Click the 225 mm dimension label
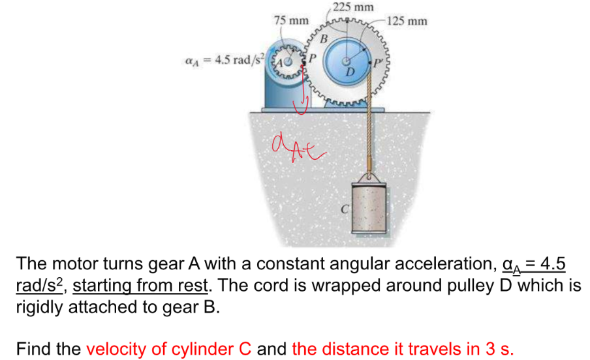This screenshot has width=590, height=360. pyautogui.click(x=352, y=8)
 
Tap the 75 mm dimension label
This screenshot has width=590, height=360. pyautogui.click(x=291, y=20)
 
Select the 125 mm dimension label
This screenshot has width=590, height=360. pyautogui.click(x=407, y=21)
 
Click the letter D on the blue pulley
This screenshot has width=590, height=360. pyautogui.click(x=350, y=70)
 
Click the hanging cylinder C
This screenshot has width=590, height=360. pyautogui.click(x=371, y=208)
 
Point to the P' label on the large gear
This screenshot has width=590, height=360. pyautogui.click(x=379, y=63)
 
